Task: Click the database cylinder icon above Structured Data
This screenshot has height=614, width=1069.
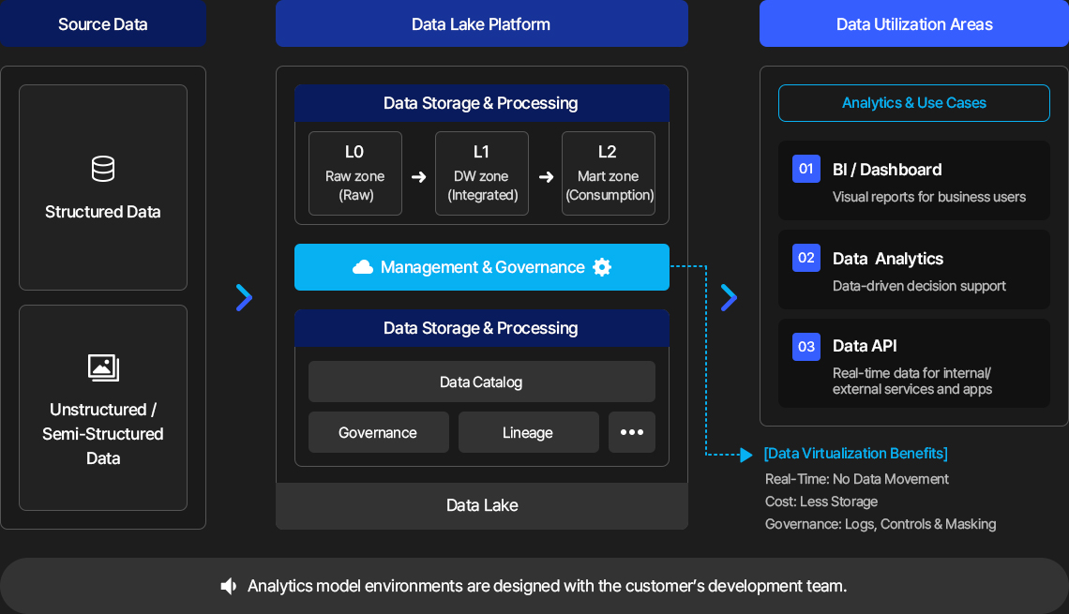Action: click(x=103, y=169)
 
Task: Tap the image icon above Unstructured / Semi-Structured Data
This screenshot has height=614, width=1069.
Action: click(x=103, y=367)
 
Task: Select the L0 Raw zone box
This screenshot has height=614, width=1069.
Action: click(x=355, y=173)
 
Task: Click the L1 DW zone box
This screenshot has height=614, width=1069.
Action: click(x=482, y=173)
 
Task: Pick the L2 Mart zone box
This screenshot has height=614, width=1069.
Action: click(x=609, y=173)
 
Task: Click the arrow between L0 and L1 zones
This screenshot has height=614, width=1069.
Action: click(x=418, y=177)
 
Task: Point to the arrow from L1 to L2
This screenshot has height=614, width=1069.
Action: click(x=546, y=177)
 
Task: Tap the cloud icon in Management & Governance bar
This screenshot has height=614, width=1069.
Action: click(x=363, y=267)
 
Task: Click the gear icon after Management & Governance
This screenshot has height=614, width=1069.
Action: click(x=602, y=267)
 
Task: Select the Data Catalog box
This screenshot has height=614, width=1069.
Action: click(x=482, y=382)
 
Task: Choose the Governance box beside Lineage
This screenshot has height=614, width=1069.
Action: click(x=379, y=432)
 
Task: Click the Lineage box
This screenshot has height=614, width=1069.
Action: click(x=528, y=432)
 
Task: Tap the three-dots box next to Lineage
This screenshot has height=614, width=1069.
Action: click(x=632, y=432)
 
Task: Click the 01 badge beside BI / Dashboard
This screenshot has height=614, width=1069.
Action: click(x=806, y=169)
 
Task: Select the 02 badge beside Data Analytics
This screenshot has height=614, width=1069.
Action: click(x=806, y=258)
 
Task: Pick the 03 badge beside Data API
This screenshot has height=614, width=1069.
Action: click(x=806, y=346)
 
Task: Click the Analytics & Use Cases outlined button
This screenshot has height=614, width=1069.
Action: click(x=914, y=103)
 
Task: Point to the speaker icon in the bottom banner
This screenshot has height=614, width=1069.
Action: click(x=229, y=586)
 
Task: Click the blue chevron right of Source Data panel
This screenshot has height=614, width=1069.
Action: click(x=244, y=298)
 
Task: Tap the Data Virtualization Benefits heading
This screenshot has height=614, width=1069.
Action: click(x=855, y=454)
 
